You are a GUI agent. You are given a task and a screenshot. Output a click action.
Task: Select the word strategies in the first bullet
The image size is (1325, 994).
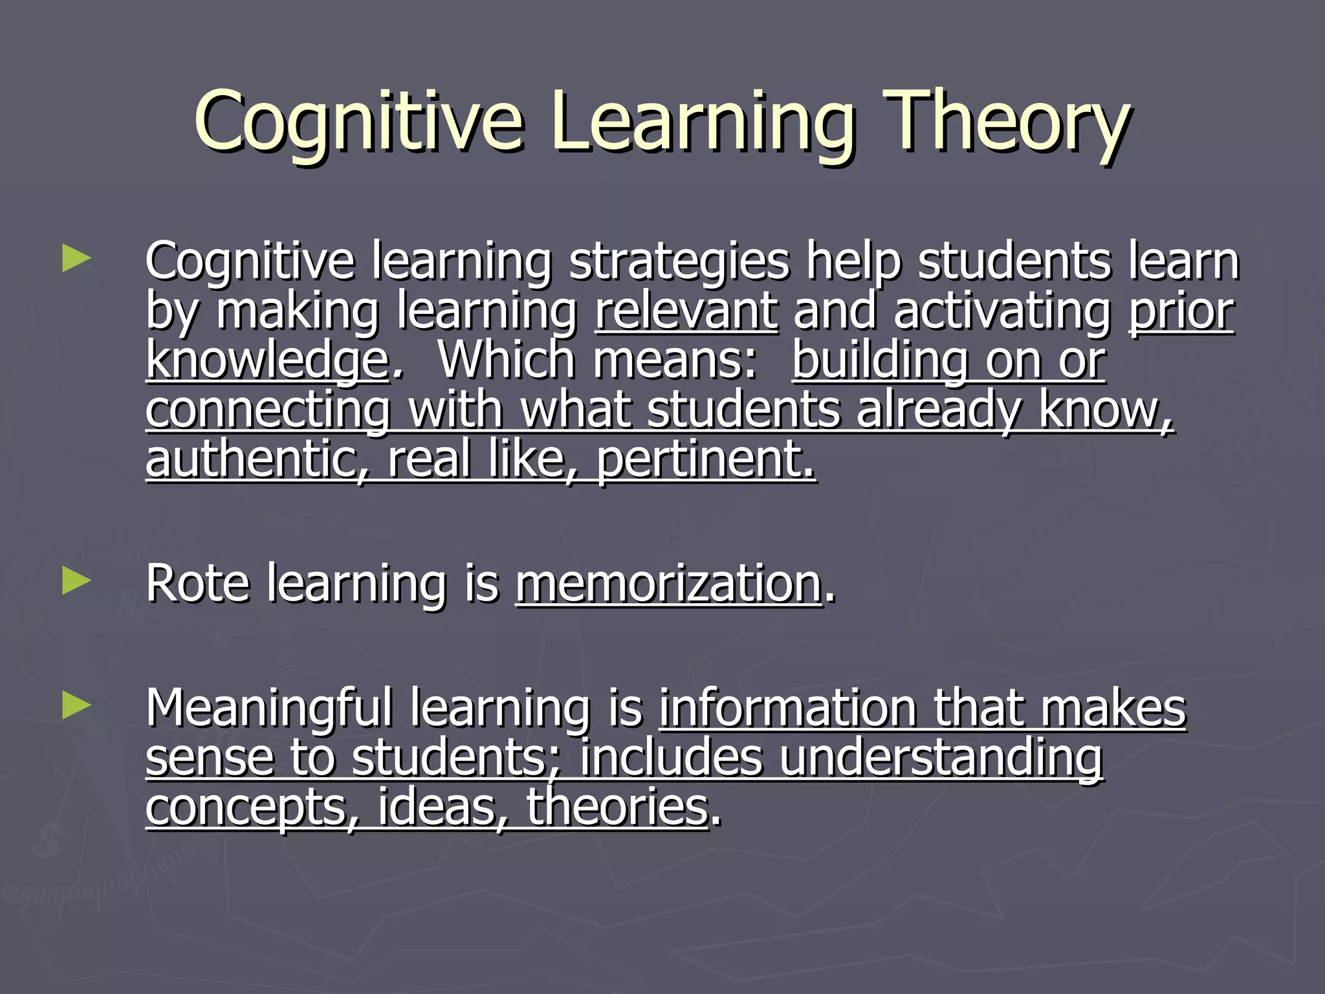coord(679,262)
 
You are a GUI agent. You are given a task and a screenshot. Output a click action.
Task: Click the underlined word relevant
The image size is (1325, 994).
coord(686,311)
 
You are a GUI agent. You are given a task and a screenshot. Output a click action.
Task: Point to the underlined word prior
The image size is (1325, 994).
coord(1181,311)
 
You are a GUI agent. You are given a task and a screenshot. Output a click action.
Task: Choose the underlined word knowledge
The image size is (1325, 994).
coord(267,360)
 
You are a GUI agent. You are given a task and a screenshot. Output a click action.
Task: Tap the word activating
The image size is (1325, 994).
coord(1002,311)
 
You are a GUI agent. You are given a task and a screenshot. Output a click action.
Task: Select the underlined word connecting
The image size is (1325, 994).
coord(268,410)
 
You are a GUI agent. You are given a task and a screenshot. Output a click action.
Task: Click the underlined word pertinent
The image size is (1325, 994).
coord(705,459)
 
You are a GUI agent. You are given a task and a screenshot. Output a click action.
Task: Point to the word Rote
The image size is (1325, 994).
coord(197,584)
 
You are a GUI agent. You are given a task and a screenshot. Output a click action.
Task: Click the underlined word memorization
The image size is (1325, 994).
coord(668,584)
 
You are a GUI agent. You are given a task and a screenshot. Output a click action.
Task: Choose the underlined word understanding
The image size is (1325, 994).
coord(941,758)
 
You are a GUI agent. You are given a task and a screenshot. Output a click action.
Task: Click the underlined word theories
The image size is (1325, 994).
coord(617,807)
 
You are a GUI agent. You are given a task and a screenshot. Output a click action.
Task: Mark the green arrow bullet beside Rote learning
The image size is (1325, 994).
coord(76,581)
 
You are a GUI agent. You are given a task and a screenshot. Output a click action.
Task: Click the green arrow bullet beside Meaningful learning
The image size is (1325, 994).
coord(76,706)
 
